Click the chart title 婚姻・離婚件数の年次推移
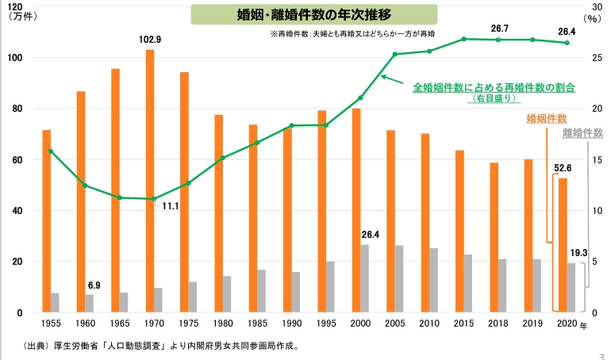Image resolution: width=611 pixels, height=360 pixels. click(x=314, y=15)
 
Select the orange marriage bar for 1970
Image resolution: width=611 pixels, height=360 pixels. click(x=150, y=181)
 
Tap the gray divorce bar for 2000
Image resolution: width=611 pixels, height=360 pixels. click(x=364, y=278)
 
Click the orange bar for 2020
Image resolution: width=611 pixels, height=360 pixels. click(x=563, y=245)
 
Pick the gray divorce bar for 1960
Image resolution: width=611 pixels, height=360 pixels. click(x=89, y=303)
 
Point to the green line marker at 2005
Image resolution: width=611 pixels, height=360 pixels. click(x=394, y=54)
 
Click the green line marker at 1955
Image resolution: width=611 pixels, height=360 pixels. click(x=51, y=151)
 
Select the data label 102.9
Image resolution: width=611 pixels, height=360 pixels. click(x=150, y=40)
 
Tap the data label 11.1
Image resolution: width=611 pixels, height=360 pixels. click(x=171, y=206)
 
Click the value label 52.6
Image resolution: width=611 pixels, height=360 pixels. click(x=563, y=168)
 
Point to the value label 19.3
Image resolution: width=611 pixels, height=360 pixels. click(x=578, y=253)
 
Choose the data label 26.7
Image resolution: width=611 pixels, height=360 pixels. click(x=500, y=29)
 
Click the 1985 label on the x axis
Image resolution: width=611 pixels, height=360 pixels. click(x=257, y=324)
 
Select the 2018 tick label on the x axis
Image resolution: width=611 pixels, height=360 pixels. click(x=498, y=324)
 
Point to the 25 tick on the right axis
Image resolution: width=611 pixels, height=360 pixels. click(x=597, y=58)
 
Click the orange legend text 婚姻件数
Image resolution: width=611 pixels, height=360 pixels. click(x=546, y=118)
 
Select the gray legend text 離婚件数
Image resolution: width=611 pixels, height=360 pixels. click(x=583, y=132)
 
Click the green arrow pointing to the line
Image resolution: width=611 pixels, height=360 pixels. click(x=392, y=79)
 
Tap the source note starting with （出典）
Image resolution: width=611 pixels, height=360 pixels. click(x=161, y=346)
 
